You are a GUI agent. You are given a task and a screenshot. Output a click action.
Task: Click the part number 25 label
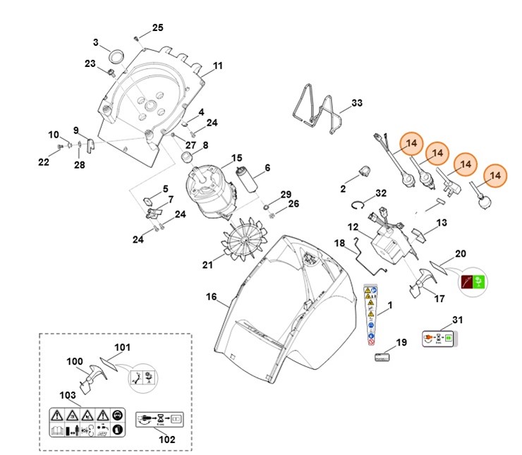[157, 28]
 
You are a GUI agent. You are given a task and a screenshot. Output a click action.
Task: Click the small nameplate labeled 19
[381, 358]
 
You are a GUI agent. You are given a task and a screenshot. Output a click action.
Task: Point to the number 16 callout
[211, 297]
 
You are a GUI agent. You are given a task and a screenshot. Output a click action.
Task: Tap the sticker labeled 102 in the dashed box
[159, 417]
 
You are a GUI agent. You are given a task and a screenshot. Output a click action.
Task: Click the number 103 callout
[68, 395]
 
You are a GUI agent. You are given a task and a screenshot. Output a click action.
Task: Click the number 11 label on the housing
[217, 66]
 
